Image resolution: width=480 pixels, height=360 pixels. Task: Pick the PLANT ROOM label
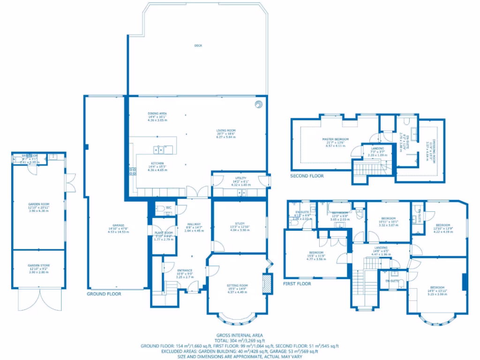(164, 232)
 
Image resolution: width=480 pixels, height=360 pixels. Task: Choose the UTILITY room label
(240, 179)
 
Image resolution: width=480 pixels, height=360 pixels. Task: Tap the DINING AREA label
(157, 113)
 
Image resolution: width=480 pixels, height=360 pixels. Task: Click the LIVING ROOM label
(225, 130)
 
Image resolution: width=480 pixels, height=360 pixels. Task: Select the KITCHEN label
(157, 163)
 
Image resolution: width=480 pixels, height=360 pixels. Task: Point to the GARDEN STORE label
(39, 265)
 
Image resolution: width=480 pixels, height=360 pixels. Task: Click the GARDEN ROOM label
(39, 204)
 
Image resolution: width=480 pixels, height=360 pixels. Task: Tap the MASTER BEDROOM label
(335, 139)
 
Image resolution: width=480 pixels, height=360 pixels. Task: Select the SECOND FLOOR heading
(307, 176)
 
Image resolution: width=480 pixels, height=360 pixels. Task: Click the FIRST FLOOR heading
(297, 284)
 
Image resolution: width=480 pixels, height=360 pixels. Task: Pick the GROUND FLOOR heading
(104, 294)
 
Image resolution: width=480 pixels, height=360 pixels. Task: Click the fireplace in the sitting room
(267, 284)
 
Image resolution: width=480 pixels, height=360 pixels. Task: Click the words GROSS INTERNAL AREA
(240, 335)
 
